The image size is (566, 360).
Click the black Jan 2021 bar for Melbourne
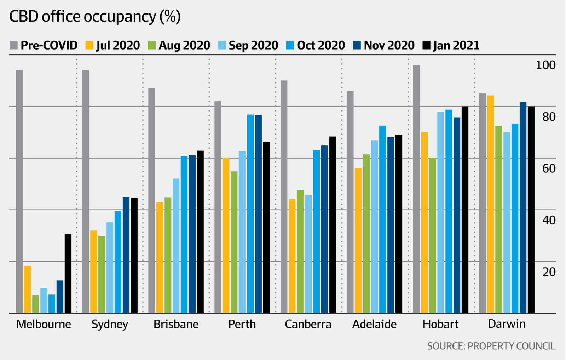68,273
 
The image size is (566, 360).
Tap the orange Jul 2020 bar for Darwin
491,204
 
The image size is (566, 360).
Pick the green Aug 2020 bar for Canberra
300,251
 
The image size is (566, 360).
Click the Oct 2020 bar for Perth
250,213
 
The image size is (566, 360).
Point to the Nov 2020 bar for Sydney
126,255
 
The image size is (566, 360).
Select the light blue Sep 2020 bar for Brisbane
176,246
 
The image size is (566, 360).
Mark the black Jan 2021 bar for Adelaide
399,224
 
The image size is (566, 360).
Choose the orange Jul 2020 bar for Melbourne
27,289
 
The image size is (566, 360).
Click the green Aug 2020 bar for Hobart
432,235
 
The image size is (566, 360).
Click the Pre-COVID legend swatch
13,45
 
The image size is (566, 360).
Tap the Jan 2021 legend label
456,45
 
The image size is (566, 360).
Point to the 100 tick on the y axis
546,65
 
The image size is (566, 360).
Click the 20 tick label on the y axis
549,272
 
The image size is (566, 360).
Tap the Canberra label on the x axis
308,324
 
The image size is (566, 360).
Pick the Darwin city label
507,324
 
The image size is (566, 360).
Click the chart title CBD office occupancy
95,17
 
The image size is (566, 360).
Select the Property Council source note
491,346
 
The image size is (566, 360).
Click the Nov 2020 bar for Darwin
523,207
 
